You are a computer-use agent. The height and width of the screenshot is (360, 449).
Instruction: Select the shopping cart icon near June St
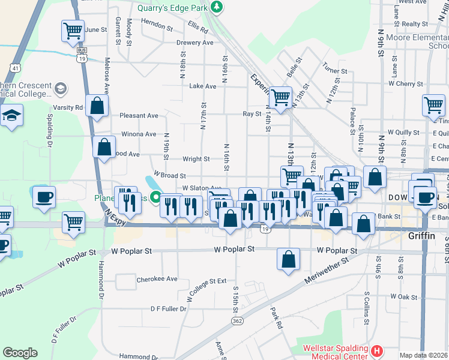click(72, 30)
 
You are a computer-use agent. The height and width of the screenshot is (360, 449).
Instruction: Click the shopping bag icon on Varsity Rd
click(96, 106)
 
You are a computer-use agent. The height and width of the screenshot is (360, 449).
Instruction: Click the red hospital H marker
click(377, 350)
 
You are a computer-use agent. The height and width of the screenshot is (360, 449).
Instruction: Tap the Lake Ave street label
click(202, 86)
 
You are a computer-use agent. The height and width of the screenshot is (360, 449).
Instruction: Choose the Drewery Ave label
click(194, 43)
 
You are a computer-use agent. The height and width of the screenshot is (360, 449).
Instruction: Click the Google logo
click(20, 353)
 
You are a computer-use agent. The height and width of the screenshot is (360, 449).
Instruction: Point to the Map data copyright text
click(424, 355)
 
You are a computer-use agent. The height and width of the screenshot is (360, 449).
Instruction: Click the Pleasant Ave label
click(139, 115)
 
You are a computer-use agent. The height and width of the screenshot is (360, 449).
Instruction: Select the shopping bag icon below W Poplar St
click(289, 260)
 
